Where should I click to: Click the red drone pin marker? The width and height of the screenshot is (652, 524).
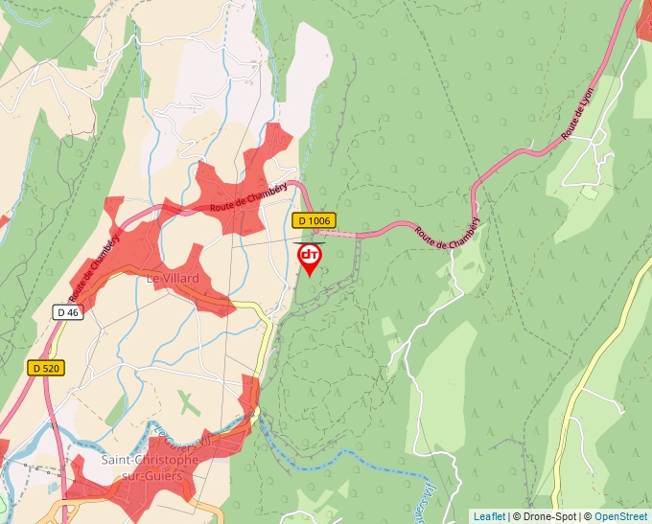pyautogui.click(x=310, y=257)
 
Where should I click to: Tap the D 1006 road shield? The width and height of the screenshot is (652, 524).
pyautogui.click(x=314, y=220)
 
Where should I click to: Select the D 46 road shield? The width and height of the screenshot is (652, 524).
pyautogui.click(x=67, y=311)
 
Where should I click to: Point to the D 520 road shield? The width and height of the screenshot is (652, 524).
pyautogui.click(x=45, y=368)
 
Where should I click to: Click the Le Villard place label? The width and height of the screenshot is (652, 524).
pyautogui.click(x=173, y=279)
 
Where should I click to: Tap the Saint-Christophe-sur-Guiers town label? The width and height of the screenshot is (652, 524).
pyautogui.click(x=150, y=467)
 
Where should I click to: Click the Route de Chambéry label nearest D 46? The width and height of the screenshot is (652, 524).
pyautogui.click(x=95, y=265)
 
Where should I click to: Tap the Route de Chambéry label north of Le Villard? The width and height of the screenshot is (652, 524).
pyautogui.click(x=249, y=197)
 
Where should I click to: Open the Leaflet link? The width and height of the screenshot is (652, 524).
pyautogui.click(x=489, y=516)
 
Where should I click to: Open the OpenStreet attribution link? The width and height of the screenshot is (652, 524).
pyautogui.click(x=620, y=516)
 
